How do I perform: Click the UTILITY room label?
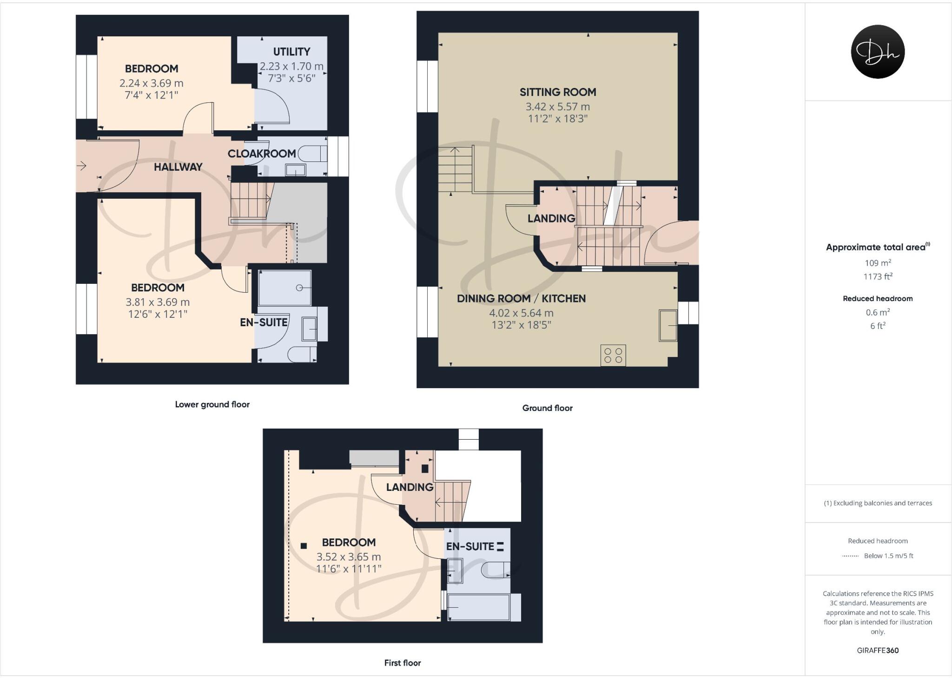[291, 52]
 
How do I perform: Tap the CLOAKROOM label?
[262, 154]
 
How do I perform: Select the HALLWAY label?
[178, 167]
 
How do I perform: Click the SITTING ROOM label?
[558, 92]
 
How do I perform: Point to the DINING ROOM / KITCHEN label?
[521, 299]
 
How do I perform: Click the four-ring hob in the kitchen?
[613, 355]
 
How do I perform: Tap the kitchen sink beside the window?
[668, 325]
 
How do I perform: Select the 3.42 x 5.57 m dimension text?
[558, 107]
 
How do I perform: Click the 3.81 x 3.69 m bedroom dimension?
[158, 302]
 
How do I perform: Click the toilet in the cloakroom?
[312, 154]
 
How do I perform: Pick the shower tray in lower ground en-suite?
[284, 288]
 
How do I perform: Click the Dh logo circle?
[878, 52]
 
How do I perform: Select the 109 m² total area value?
[878, 262]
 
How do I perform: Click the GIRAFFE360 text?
[878, 651]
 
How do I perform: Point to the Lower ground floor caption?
[212, 404]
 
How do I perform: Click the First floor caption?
[402, 663]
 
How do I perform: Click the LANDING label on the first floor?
[410, 487]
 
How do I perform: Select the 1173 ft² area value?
[878, 276]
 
